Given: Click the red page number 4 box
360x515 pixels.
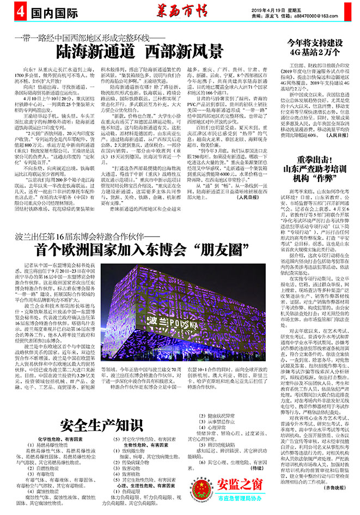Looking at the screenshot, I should pos(7,10).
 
